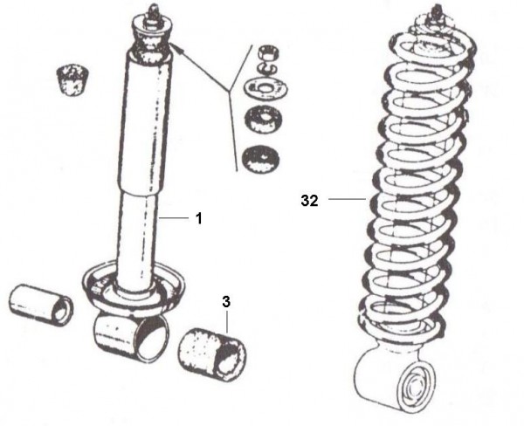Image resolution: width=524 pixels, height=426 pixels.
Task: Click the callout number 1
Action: [x=199, y=218]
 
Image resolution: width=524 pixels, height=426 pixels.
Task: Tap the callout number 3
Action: [x=226, y=302]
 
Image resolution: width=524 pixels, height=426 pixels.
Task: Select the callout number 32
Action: [x=309, y=201]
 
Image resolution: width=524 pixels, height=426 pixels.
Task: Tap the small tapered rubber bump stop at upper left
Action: [x=73, y=79]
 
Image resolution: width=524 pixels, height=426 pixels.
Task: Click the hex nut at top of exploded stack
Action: [x=269, y=52]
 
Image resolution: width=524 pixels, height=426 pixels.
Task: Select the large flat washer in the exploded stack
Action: [x=266, y=88]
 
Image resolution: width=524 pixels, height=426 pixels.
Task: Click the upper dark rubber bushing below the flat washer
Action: [x=264, y=120]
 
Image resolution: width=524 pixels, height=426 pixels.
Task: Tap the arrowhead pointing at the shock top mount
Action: [x=176, y=49]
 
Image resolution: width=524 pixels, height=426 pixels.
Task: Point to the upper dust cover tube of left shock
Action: [x=146, y=122]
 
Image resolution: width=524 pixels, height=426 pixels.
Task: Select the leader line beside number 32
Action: [x=347, y=199]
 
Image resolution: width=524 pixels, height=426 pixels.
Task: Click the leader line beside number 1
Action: [x=174, y=218]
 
